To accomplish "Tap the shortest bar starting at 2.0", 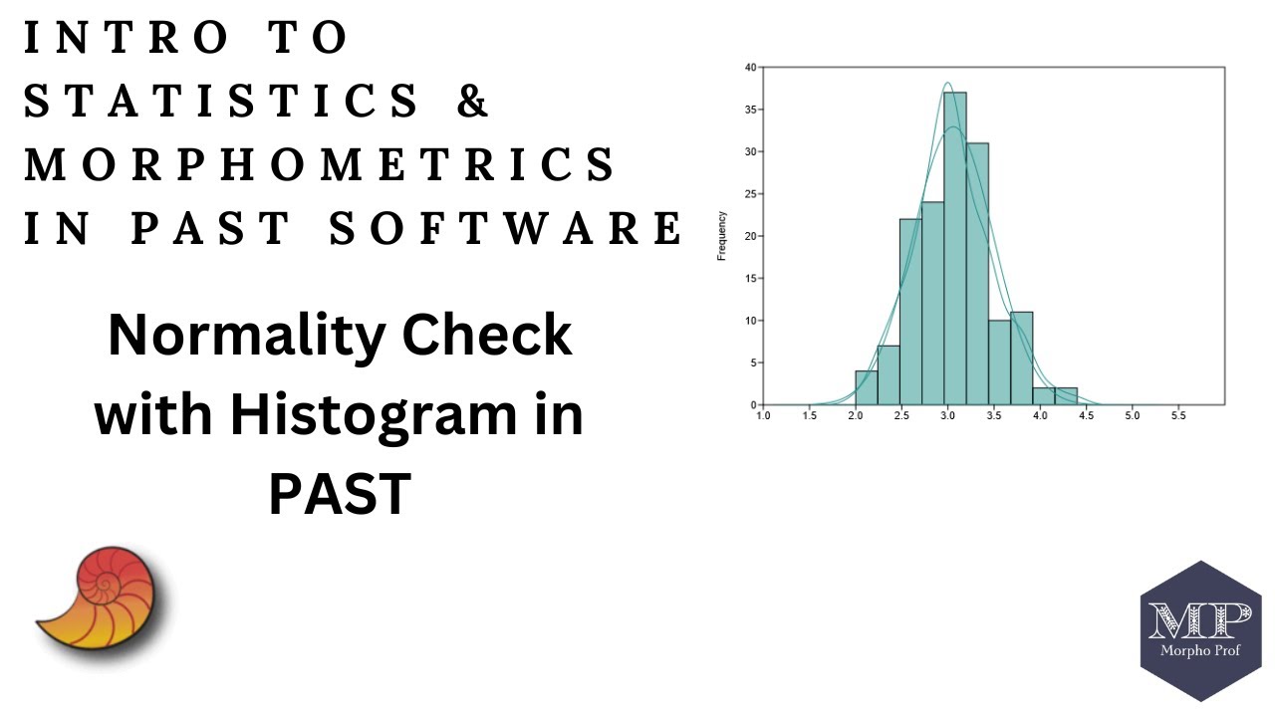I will click(x=866, y=388).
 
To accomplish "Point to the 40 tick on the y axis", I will click(x=749, y=68).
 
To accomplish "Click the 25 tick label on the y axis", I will click(x=749, y=194).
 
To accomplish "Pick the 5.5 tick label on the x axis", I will click(x=1177, y=415).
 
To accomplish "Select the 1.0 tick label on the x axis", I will click(x=763, y=415).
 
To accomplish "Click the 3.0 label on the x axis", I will click(x=946, y=415).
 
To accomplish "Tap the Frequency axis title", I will click(x=721, y=236).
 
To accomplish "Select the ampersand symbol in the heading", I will click(x=474, y=102).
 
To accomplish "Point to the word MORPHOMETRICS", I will click(x=320, y=164).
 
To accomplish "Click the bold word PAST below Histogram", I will click(x=340, y=492).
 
